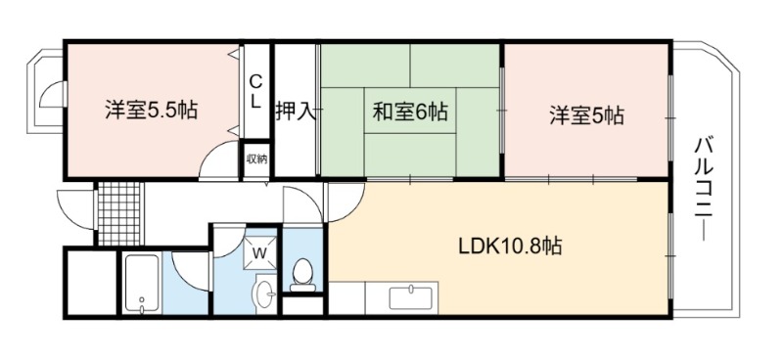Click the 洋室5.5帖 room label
(151, 111)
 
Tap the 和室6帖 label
(409, 112)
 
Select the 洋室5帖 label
(586, 115)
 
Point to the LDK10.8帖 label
(510, 246)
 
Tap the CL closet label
(255, 91)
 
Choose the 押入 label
(297, 112)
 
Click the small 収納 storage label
(256, 159)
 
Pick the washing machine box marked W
(259, 252)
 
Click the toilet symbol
(303, 275)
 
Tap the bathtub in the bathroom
(143, 283)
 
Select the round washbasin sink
(264, 294)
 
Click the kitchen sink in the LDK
(412, 298)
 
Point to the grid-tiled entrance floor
(118, 213)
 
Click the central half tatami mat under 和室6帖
(410, 111)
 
